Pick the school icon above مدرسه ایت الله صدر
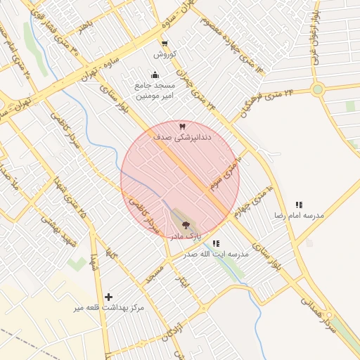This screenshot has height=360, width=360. pyautogui.click(x=216, y=243)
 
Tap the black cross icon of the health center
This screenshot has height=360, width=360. pyautogui.click(x=108, y=297)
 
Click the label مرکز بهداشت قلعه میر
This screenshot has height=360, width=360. pyautogui.click(x=111, y=308)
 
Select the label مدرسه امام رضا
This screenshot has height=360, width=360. pyautogui.click(x=300, y=215)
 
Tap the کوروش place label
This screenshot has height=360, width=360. pyautogui.click(x=160, y=54)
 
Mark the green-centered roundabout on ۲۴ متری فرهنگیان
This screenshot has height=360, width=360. pyautogui.click(x=318, y=89)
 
